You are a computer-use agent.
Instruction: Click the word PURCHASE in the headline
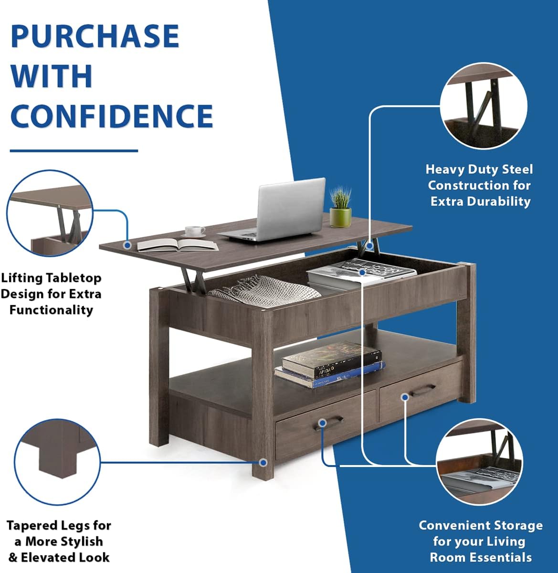point(95,36)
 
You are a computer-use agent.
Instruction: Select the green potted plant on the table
point(340,208)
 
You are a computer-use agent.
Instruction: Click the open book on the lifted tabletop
point(178,244)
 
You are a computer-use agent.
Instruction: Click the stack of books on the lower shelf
point(330,365)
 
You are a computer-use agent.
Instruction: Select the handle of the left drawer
point(328,424)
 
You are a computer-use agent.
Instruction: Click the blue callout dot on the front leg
point(263,462)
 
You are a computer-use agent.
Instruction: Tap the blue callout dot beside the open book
point(127,244)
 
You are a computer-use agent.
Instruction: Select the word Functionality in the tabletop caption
point(51,310)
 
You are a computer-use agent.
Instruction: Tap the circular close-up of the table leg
point(57,462)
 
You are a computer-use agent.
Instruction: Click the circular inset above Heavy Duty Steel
point(484,106)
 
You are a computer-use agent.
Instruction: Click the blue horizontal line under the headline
point(74,151)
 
